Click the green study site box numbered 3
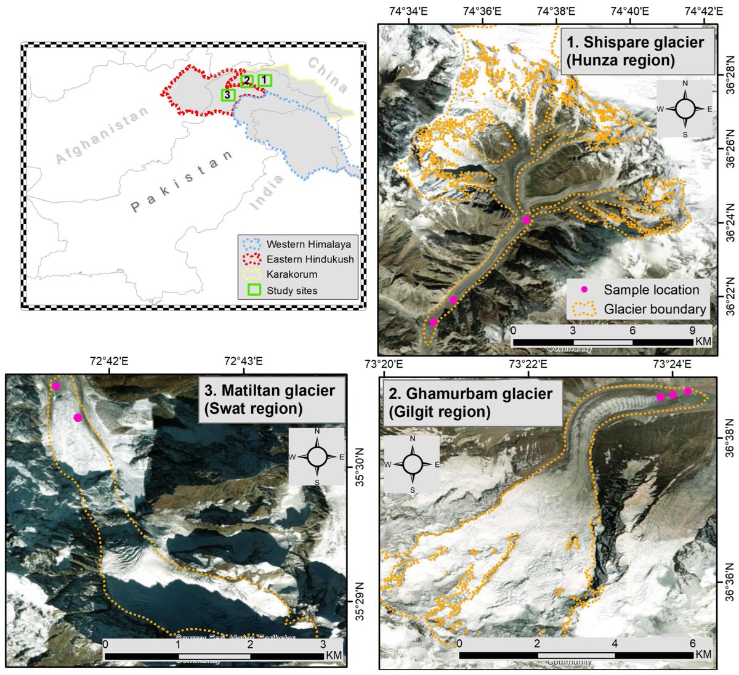point(228,95)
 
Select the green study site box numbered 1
point(265,79)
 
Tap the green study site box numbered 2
point(246,81)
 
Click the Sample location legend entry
point(640,289)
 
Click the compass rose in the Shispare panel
point(685,109)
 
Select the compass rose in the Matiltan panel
point(317,458)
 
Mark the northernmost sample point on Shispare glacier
point(526,220)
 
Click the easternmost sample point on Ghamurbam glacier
point(688,391)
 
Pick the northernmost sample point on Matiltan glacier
point(56,386)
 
